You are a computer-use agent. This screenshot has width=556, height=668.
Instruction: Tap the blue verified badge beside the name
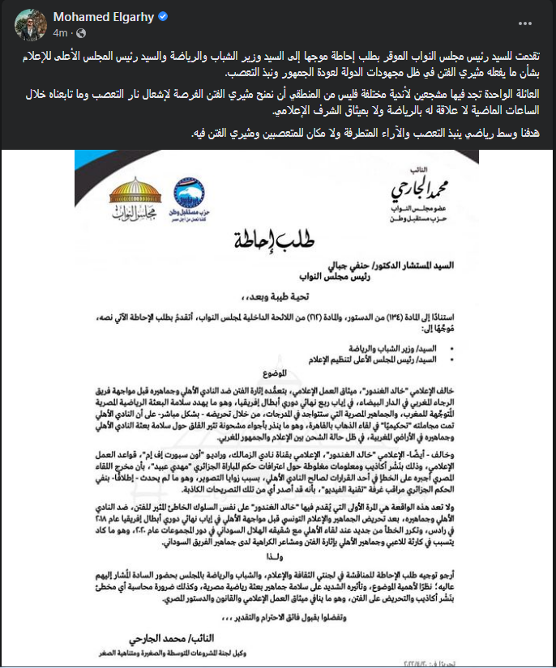pyautogui.click(x=139, y=17)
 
